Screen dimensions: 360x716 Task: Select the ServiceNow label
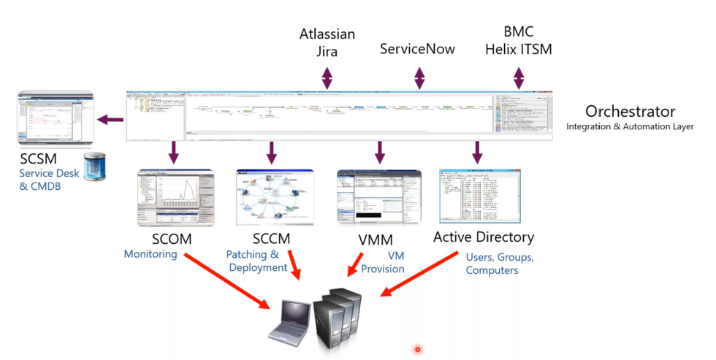coord(417,49)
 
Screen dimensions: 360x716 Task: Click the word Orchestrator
coord(630,112)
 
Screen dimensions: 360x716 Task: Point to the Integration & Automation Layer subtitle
coord(629,127)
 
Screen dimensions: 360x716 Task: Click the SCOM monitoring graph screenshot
coord(175,197)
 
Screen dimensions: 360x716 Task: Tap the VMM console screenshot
coord(378,197)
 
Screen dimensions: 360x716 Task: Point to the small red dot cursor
coord(418,349)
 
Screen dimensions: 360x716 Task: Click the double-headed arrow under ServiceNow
coord(419,77)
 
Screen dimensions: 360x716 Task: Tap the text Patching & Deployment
coord(258,261)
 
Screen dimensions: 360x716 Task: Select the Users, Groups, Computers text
coord(500,264)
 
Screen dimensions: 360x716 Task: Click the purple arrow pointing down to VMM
coord(379,152)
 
